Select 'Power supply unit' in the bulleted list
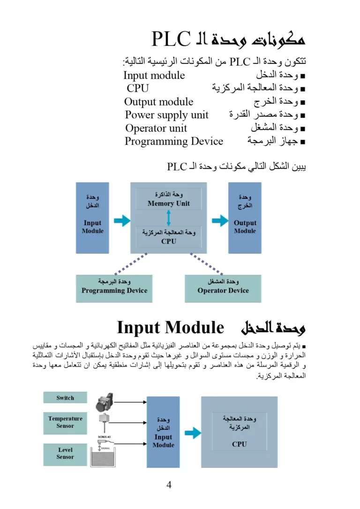pos(166,115)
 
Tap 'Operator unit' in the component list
pos(156,128)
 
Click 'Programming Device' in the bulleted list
pos(173,141)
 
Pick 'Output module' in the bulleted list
pos(158,102)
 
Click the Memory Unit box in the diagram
pos(168,199)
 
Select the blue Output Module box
pos(245,218)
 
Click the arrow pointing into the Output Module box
pos(219,220)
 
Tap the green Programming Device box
pos(114,288)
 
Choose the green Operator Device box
pos(223,288)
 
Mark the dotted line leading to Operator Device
pos(206,264)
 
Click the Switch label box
pos(65,398)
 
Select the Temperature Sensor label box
pos(65,422)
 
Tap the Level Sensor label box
pos(65,453)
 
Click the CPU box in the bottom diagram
pos(239,432)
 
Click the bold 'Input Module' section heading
pos(170,327)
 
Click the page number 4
pos(169,485)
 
